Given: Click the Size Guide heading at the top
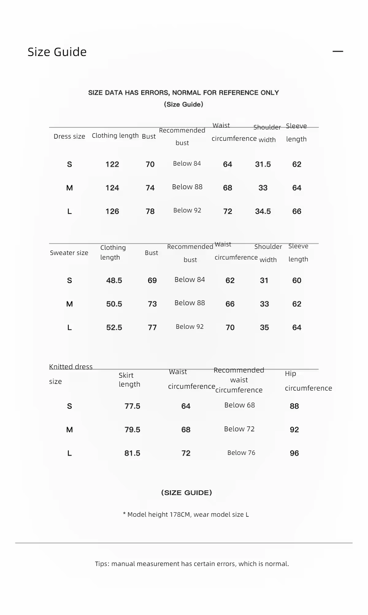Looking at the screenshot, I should click(57, 52).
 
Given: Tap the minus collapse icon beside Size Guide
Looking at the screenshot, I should click(338, 51).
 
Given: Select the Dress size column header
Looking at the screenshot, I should click(69, 137).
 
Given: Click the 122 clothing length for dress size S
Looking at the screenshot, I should click(112, 164).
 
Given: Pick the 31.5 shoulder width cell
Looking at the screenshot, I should click(263, 164).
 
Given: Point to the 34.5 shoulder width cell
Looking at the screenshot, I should click(263, 211).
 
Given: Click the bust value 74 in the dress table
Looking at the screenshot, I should click(150, 188).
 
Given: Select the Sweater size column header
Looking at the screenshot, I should click(69, 253).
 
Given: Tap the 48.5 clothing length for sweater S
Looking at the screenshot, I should click(114, 280).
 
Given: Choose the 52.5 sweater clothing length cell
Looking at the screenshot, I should click(114, 328).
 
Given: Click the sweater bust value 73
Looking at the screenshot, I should click(152, 304).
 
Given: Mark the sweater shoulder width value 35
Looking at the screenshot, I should click(264, 328).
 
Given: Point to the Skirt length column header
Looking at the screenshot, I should click(129, 380).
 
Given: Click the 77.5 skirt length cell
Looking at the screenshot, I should click(132, 406).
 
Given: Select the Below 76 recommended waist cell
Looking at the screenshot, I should click(241, 453).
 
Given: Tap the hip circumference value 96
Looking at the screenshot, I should click(294, 453).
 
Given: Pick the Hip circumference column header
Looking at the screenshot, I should click(308, 381).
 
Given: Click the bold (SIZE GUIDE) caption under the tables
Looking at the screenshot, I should click(186, 493).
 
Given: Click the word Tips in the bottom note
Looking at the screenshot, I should click(102, 564).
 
